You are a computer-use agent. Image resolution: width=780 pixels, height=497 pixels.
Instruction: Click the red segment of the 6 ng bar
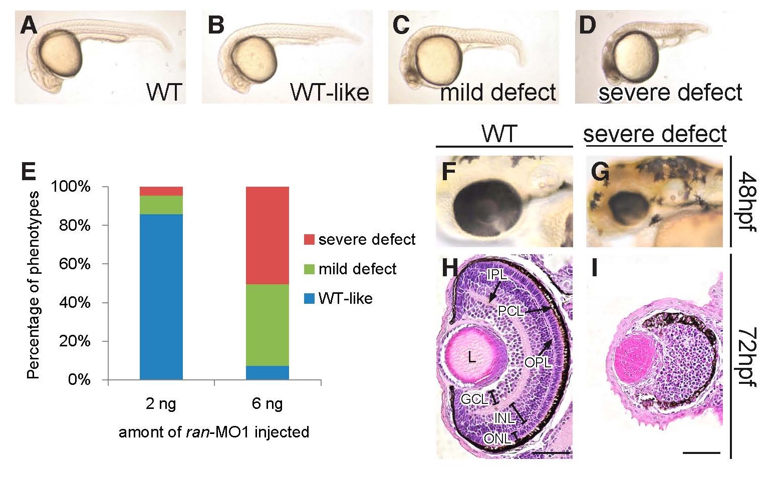[268, 236]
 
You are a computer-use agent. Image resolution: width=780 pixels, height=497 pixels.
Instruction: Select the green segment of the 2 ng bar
[161, 205]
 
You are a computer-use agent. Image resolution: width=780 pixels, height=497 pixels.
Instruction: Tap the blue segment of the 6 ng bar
[268, 372]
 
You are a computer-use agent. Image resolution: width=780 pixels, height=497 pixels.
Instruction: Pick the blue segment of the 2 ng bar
[161, 297]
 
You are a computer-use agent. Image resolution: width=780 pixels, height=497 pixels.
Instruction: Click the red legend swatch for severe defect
[309, 239]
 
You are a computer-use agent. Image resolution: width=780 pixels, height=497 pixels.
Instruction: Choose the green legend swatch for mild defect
[309, 269]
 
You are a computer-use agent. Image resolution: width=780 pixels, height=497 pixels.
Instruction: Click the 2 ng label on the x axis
[161, 404]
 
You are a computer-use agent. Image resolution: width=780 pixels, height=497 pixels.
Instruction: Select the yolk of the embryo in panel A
[61, 53]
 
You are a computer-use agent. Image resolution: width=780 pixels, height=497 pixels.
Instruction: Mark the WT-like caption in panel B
[330, 92]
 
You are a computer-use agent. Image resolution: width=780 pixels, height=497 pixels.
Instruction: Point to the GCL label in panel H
[474, 399]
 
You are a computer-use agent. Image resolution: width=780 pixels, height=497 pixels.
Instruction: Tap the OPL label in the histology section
[538, 363]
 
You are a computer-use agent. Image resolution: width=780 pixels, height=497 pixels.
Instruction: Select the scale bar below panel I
[701, 452]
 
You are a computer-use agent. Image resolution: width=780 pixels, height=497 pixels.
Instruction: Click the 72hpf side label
[747, 356]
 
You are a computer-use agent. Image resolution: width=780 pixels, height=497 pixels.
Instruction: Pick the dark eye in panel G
[629, 209]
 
